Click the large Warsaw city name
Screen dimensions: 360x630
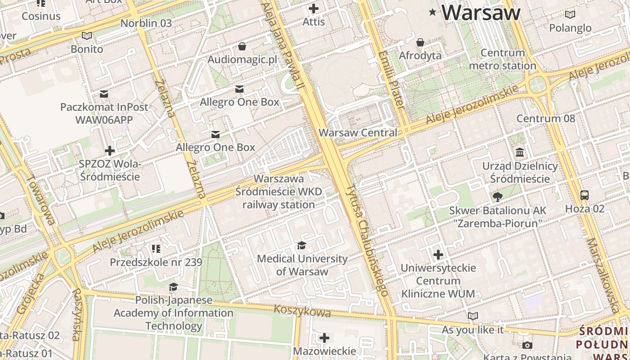pyautogui.click(x=481, y=12)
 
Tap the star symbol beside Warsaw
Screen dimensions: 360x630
pyautogui.click(x=433, y=12)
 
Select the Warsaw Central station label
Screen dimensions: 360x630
pyautogui.click(x=358, y=133)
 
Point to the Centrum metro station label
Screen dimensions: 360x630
pyautogui.click(x=503, y=59)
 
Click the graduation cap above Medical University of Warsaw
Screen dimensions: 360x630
pyautogui.click(x=301, y=245)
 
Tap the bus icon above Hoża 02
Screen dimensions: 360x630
pyautogui.click(x=585, y=195)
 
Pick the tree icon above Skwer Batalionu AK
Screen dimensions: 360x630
pyautogui.click(x=498, y=197)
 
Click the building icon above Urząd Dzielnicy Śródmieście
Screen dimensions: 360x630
pyautogui.click(x=520, y=152)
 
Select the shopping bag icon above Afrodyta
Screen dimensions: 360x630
pyautogui.click(x=420, y=42)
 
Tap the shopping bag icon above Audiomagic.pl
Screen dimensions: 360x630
pyautogui.click(x=242, y=46)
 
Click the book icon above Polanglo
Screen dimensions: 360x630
pyautogui.click(x=570, y=14)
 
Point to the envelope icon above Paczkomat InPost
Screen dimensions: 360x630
pyautogui.click(x=104, y=94)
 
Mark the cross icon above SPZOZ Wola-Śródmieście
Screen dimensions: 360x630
pyautogui.click(x=109, y=150)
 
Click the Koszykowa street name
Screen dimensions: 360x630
pyautogui.click(x=302, y=311)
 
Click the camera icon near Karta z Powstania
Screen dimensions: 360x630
pyautogui.click(x=527, y=346)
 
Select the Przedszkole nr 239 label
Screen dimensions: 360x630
pyautogui.click(x=156, y=262)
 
